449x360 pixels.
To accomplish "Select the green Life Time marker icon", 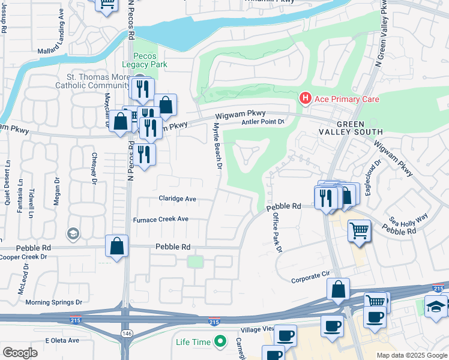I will tap(220, 342).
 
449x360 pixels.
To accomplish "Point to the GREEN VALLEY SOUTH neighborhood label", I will tap(355, 127).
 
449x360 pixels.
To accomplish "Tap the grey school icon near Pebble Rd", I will tap(73, 233).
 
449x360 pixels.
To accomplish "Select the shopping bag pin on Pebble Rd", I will tap(116, 246).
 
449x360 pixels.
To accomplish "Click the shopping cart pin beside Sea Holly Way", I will tap(359, 231).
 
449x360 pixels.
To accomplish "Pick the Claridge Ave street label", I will tap(177, 199).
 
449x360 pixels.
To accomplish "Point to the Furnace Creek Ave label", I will tap(160, 220).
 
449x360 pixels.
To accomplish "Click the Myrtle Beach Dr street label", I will tap(218, 145).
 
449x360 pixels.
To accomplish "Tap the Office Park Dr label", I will tap(277, 232).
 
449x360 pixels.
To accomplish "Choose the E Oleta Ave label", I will tap(62, 340).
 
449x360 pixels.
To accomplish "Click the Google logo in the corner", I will tap(20, 353).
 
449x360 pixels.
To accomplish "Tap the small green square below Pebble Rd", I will tap(194, 262).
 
